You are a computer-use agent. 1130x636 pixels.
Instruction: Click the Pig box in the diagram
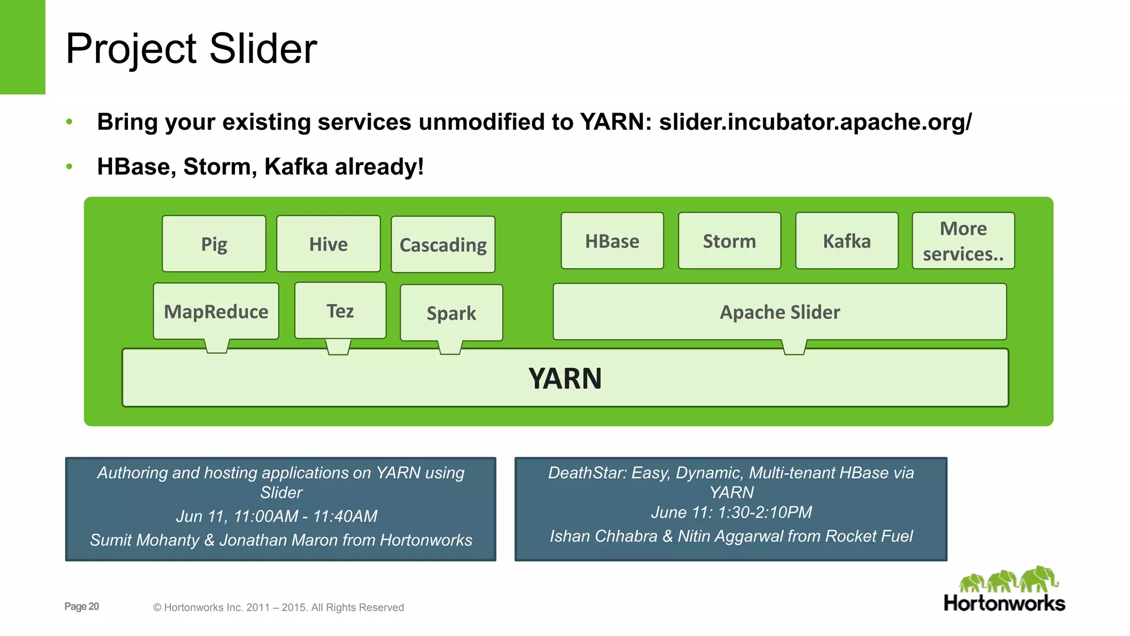214,244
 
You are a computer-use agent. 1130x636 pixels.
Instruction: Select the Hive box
328,244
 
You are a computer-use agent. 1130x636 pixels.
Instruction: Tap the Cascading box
443,245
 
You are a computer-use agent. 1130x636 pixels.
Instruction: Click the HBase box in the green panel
612,241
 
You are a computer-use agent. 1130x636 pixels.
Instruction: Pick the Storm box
729,241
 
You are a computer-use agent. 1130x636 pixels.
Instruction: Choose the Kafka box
847,241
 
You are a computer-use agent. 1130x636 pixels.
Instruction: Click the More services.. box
963,241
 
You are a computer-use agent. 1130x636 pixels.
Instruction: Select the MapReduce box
216,311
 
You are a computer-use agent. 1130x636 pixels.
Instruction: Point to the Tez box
340,311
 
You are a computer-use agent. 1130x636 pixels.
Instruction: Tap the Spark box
451,313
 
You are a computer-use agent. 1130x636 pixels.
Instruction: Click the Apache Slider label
780,312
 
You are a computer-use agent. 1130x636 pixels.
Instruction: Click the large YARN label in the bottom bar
565,379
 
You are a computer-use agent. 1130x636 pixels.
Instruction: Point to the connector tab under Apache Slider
795,347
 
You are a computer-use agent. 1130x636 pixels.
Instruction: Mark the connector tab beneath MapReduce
217,346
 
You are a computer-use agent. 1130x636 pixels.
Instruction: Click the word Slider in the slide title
263,49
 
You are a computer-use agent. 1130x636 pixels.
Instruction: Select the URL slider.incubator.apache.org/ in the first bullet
815,122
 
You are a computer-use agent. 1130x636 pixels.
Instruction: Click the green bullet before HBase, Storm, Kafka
69,166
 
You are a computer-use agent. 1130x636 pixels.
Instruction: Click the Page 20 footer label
82,606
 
